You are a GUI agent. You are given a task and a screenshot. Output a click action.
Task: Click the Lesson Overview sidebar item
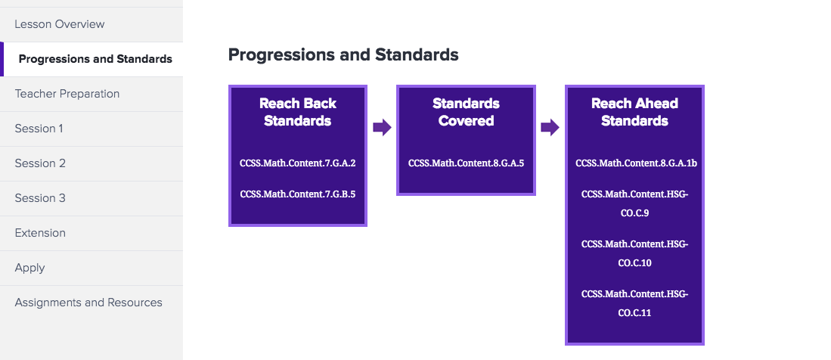(x=59, y=24)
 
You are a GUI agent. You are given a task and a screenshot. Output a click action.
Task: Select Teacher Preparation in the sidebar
(x=67, y=94)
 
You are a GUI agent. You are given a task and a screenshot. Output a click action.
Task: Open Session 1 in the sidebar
(x=39, y=129)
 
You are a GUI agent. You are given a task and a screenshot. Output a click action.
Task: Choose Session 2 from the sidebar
(x=40, y=163)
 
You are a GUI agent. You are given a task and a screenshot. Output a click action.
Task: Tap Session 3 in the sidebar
(x=40, y=198)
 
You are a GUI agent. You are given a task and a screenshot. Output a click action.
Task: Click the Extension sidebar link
(x=40, y=233)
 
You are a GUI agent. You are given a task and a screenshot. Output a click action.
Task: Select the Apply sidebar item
(x=29, y=268)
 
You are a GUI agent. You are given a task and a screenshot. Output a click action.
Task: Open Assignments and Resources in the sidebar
(x=88, y=303)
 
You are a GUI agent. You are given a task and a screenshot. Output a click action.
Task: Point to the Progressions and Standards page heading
(x=343, y=54)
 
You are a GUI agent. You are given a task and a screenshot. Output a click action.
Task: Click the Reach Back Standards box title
(x=298, y=112)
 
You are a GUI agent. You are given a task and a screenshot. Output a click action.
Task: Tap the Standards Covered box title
(x=467, y=112)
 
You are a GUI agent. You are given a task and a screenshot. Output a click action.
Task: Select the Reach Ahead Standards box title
(x=635, y=112)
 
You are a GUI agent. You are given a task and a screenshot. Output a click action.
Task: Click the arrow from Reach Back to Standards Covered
(x=382, y=127)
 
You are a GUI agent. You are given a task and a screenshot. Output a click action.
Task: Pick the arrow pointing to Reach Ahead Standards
(x=550, y=127)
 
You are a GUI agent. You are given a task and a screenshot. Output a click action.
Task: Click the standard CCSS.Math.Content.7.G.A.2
(x=298, y=163)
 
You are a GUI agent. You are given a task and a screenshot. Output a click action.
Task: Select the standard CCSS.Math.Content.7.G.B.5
(x=298, y=194)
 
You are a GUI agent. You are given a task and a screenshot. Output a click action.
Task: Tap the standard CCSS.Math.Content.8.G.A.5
(x=467, y=163)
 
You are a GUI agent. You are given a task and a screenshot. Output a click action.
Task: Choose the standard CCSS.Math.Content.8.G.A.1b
(x=637, y=163)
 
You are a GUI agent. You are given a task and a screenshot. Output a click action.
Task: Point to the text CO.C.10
(x=635, y=263)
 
